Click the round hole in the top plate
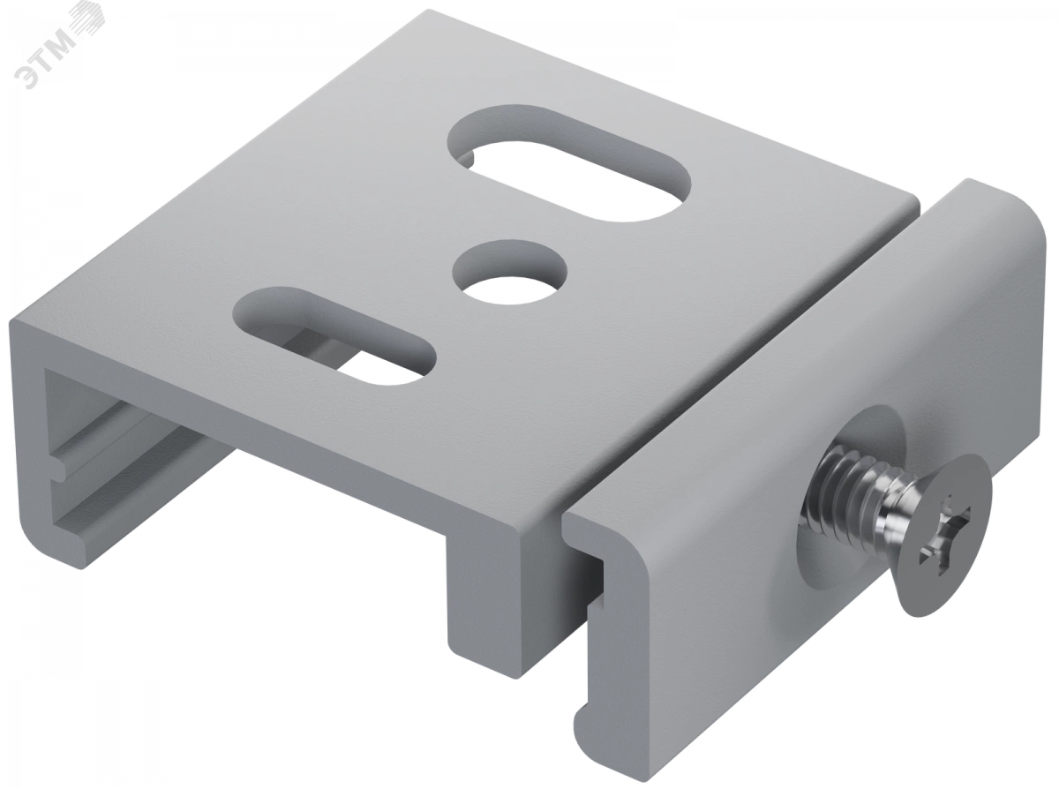pos(510,272)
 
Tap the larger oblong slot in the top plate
pos(568,163)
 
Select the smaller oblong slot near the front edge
pos(334,335)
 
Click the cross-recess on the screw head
pos(939,540)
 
